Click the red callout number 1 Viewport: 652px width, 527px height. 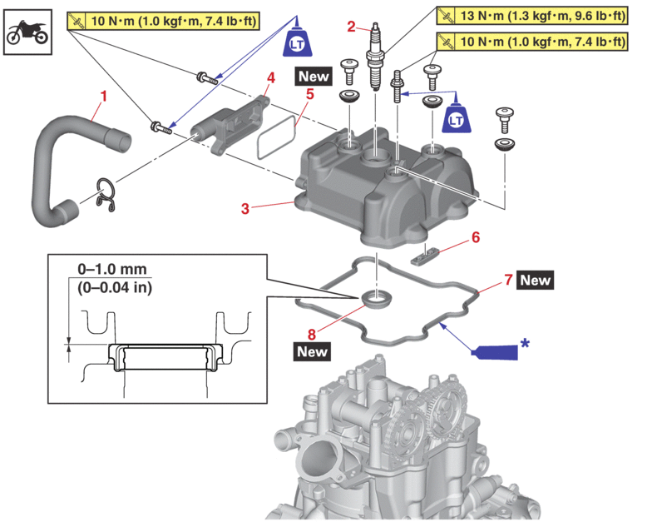tap(102, 97)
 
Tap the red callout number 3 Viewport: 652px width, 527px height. tap(245, 209)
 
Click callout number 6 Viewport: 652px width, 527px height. tap(475, 236)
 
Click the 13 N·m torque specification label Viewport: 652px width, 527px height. tap(532, 16)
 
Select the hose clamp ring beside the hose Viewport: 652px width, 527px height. tap(105, 193)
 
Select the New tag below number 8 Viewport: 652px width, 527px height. tap(313, 351)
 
